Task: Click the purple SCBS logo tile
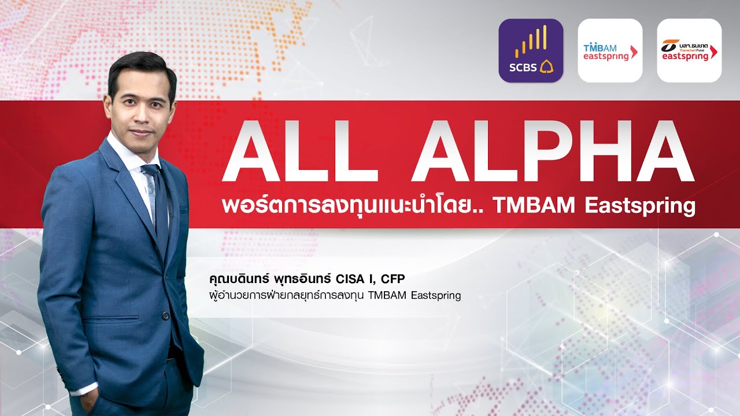point(531,50)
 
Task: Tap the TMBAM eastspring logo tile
point(610,50)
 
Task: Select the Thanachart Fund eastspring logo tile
point(689,50)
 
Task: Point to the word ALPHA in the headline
point(552,151)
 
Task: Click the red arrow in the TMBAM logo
point(634,53)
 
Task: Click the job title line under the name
point(335,296)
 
